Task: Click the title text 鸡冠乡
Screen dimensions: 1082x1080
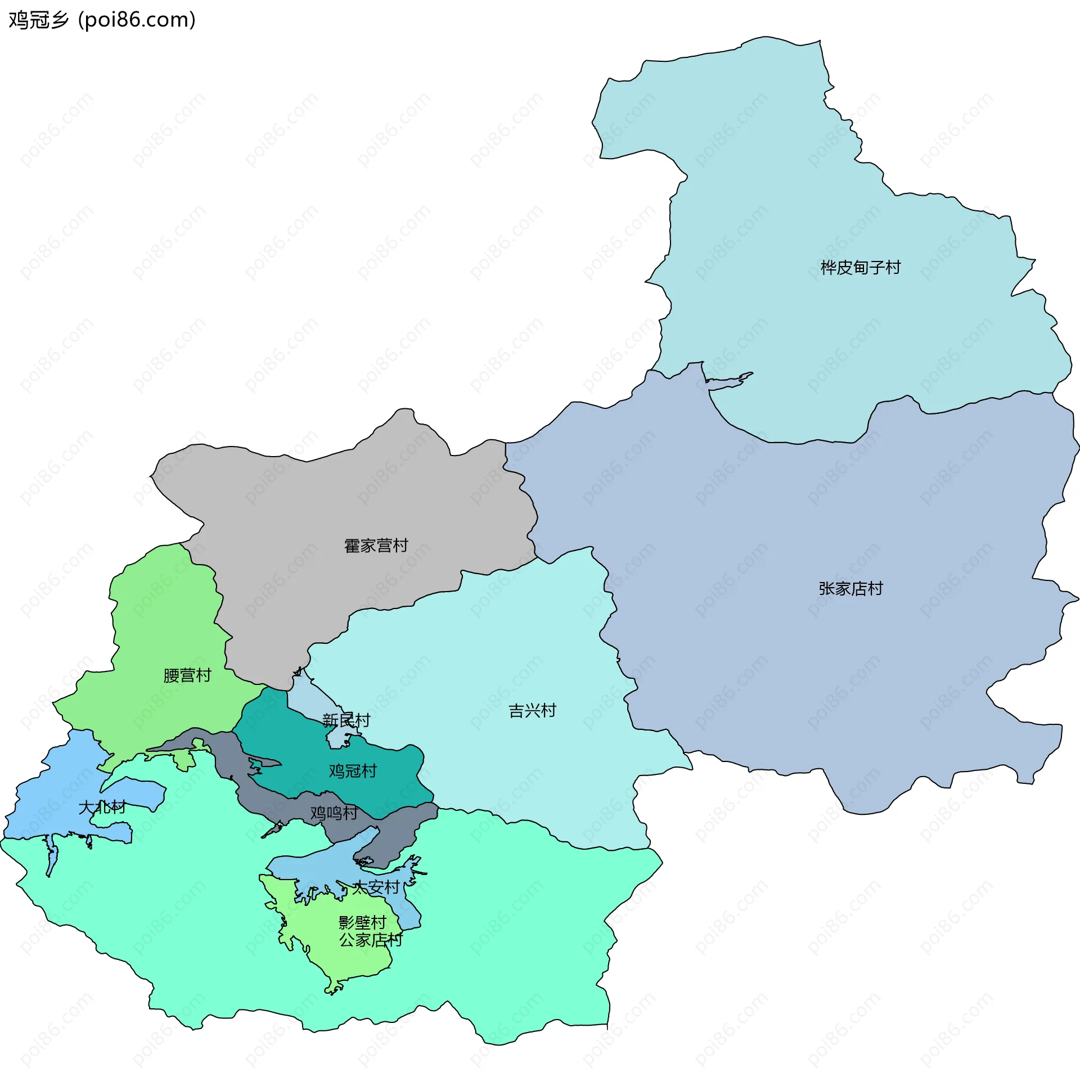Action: pos(38,20)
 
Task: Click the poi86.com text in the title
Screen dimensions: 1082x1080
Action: pos(137,20)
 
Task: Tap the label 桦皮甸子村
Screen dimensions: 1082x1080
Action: pos(860,268)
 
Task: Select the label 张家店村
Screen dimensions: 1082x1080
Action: pos(850,589)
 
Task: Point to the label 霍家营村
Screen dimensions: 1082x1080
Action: pos(376,545)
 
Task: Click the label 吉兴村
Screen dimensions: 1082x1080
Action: pos(532,711)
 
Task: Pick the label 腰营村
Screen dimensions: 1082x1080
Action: pos(187,675)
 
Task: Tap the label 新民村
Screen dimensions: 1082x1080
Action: pos(346,720)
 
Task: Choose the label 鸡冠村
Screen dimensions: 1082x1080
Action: pos(353,771)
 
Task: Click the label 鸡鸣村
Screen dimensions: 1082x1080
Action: pos(334,813)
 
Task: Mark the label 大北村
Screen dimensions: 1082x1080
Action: pos(102,808)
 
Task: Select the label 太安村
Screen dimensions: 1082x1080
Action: pos(376,887)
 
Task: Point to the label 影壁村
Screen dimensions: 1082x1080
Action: pos(362,922)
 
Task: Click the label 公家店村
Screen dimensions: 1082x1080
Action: pos(370,940)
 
